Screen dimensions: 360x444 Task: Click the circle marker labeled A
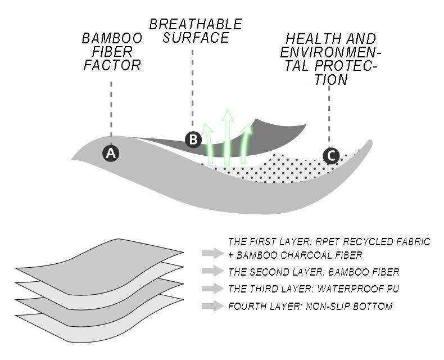pos(111,153)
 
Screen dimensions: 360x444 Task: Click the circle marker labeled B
pos(193,139)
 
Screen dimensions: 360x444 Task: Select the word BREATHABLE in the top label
pos(196,25)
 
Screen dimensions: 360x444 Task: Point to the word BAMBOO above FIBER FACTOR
pos(111,39)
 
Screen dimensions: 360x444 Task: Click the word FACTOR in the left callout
pos(111,65)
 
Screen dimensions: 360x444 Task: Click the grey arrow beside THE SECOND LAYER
pos(212,272)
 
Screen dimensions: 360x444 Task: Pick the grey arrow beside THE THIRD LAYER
pos(212,289)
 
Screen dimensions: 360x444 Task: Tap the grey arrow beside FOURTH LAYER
pos(212,307)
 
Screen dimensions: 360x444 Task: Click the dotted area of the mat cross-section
pos(281,170)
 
